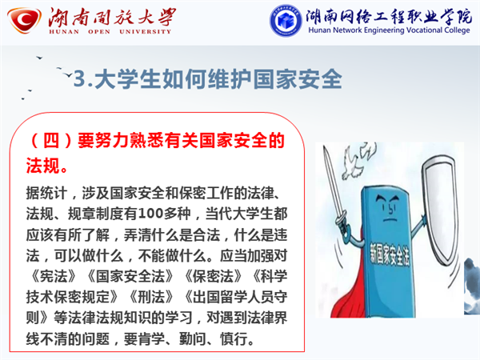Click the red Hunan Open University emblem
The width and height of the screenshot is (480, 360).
point(24,19)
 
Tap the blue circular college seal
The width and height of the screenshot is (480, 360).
point(286,20)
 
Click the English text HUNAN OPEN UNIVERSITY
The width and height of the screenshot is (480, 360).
point(110,31)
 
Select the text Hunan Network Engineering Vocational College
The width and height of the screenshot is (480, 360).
point(389,30)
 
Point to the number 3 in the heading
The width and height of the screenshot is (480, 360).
point(79,78)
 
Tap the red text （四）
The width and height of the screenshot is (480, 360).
point(51,141)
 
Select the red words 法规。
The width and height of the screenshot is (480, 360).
point(46,166)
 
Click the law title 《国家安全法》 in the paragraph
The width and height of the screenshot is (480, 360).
point(130,276)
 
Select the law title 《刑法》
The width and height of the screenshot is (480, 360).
point(151,297)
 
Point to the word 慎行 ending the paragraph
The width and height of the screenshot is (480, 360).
point(234,338)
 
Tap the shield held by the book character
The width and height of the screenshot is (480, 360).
point(440,208)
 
